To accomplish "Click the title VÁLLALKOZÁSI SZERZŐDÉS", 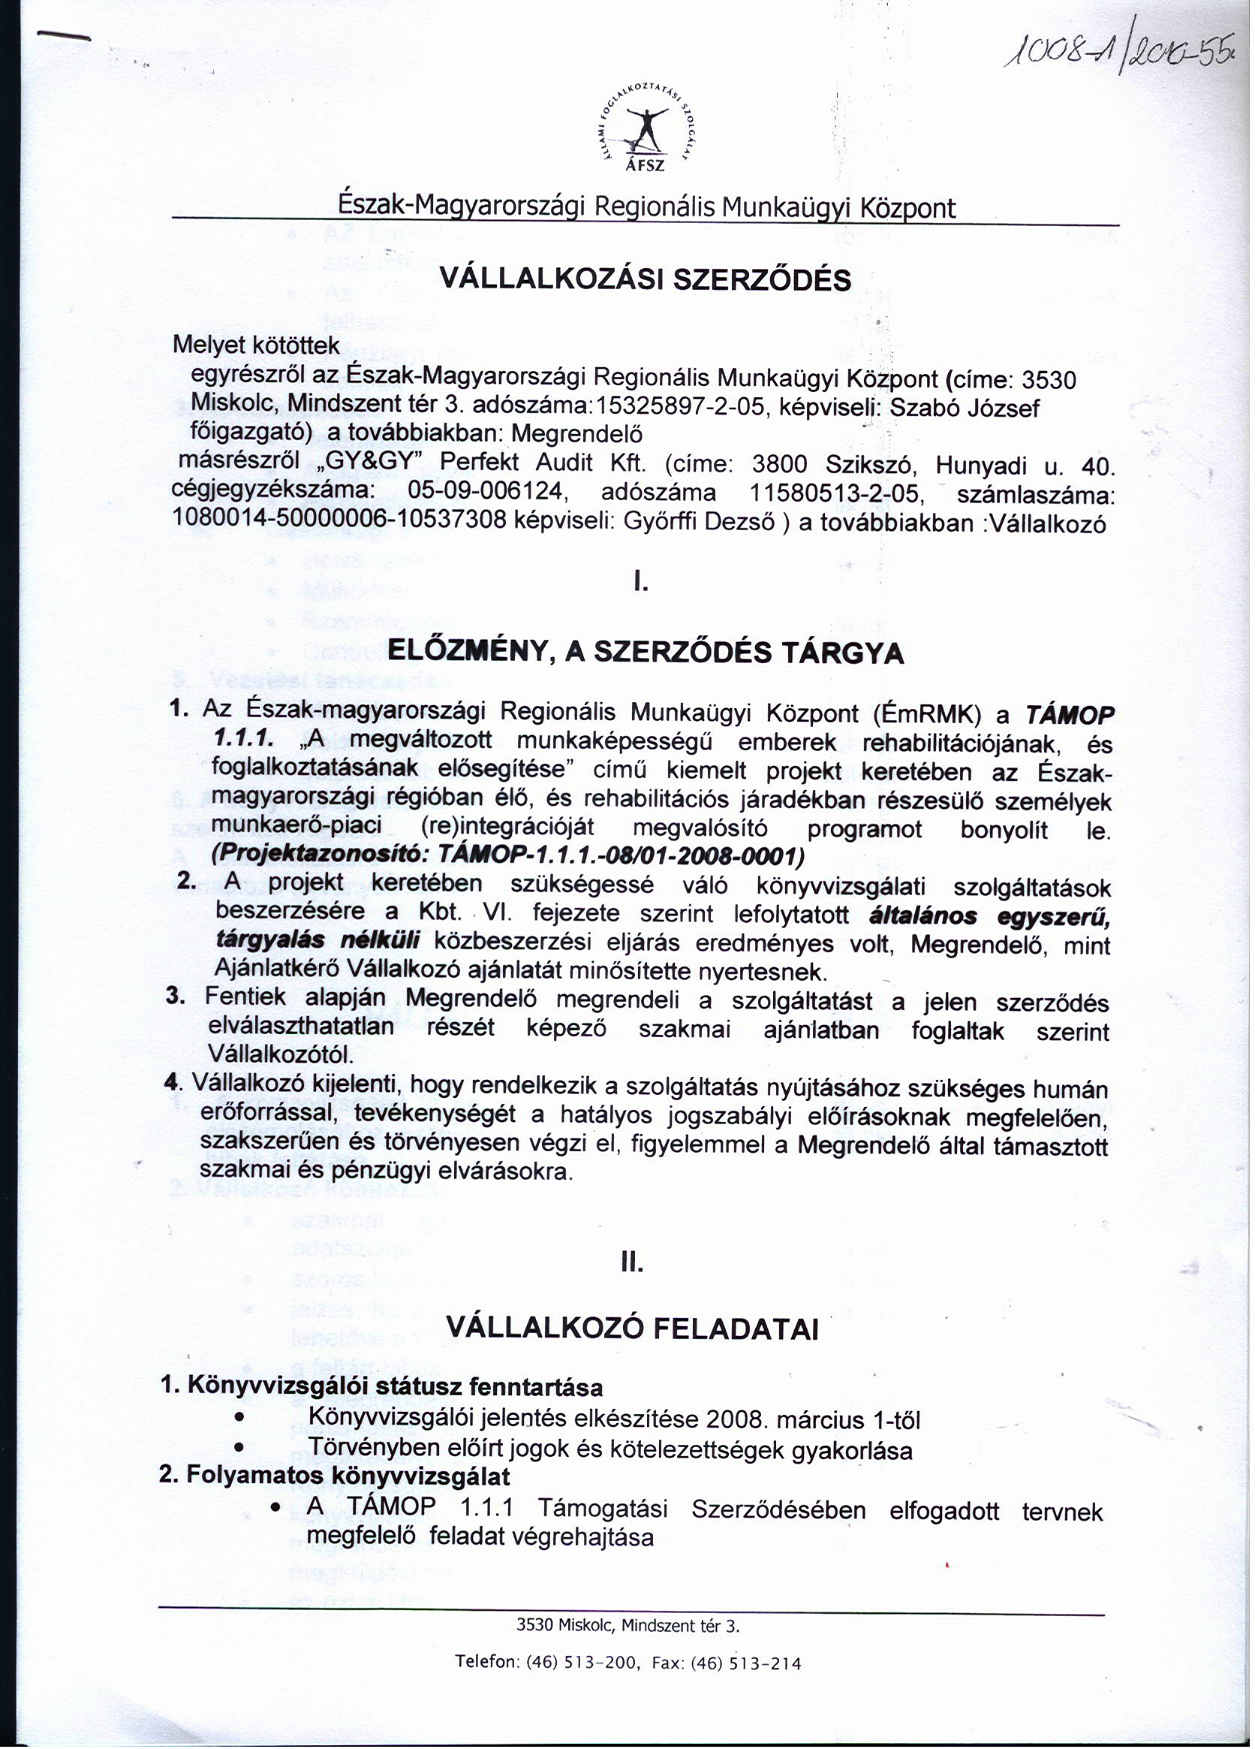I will pos(645,279).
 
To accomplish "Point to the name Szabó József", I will pos(964,407).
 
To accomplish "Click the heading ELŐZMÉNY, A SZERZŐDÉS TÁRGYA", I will pos(645,653).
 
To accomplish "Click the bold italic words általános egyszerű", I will pos(989,916).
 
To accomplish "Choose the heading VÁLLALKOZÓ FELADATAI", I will pos(631,1327).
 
